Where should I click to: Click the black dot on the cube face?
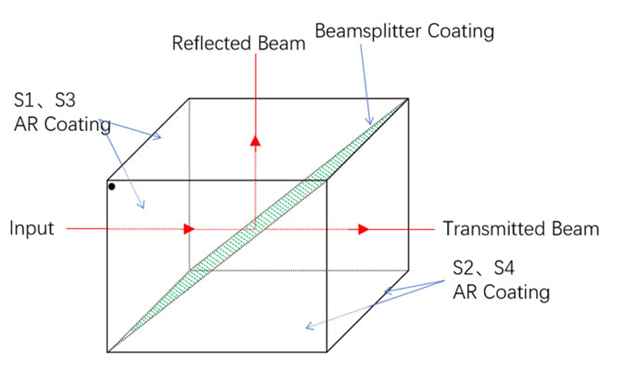pos(112,186)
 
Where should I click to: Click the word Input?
pos(31,229)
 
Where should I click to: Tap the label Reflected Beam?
pos(239,43)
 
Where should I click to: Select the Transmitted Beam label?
pos(521,229)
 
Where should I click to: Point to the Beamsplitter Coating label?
pos(404,31)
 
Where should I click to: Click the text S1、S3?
pos(45,100)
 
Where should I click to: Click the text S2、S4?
pos(483,268)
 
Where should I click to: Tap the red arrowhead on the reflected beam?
pos(256,141)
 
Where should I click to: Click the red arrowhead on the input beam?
pos(189,229)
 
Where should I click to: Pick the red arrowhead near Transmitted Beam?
pos(364,229)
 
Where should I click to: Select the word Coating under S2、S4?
pos(516,293)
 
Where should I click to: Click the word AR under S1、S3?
pos(27,124)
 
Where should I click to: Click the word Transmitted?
pos(494,229)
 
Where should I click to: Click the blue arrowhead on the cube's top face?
pos(157,137)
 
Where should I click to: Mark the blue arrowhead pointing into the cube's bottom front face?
pos(311,326)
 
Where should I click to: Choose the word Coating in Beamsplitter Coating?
pos(461,31)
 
